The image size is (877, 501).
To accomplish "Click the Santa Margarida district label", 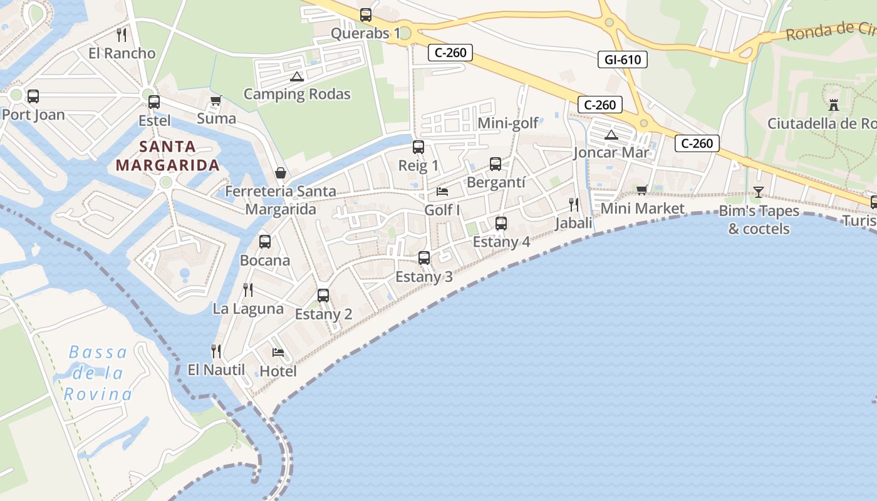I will point(168,156).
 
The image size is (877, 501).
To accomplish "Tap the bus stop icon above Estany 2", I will point(323,296).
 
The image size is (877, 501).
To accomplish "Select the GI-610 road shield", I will point(622,59).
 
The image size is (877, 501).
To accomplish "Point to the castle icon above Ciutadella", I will point(833,105).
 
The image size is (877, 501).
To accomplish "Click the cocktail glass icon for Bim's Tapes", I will point(759,192).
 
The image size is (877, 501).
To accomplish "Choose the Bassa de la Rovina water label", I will point(98,373).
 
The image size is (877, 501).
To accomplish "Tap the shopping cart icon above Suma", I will point(216,100).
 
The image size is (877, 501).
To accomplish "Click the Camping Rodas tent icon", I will point(297,77).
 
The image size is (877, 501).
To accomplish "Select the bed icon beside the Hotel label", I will point(278,353).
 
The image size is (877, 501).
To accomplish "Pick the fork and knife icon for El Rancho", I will point(122,34).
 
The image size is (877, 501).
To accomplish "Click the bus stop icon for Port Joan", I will point(33,96).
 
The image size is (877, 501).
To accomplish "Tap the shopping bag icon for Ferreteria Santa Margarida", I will point(280,172).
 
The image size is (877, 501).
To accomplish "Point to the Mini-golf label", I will point(508,123).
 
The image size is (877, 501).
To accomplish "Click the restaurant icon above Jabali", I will point(573,204).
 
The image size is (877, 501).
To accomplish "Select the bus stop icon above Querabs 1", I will point(366,15).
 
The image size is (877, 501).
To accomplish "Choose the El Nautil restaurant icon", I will point(216,351).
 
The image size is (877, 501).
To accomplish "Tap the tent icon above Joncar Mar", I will point(611,135).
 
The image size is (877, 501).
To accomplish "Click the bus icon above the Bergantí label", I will point(496,164).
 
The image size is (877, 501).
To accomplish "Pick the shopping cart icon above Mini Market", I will point(641,190).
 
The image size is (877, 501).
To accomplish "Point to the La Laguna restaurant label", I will point(248,309).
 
